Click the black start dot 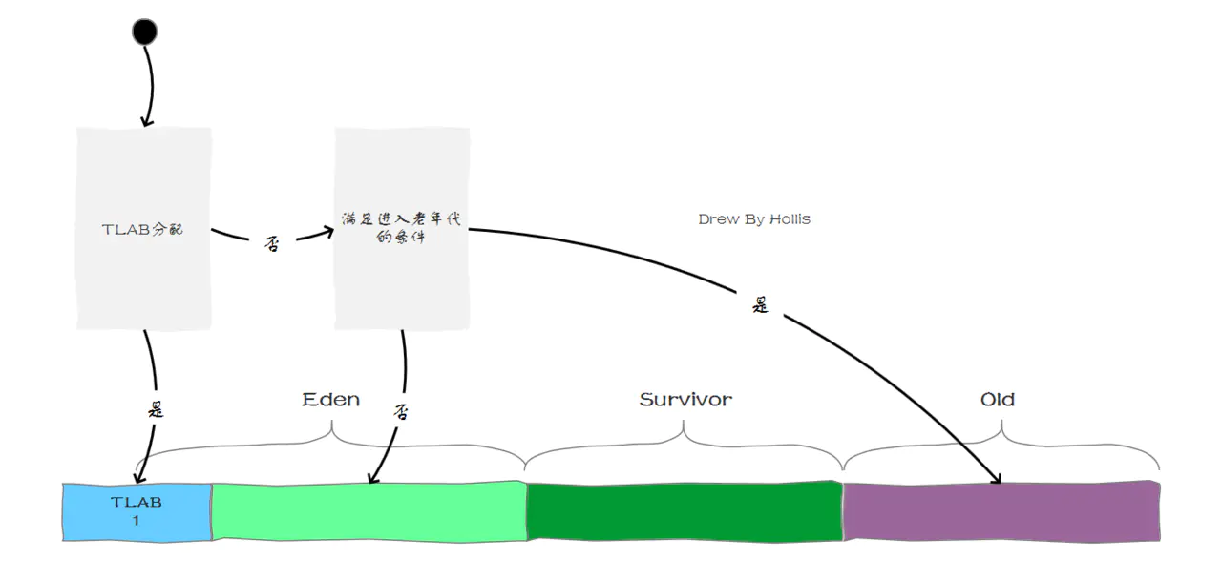(144, 32)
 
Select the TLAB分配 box (143, 229)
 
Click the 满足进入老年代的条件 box (401, 229)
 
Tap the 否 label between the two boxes (271, 243)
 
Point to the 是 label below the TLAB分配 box (156, 410)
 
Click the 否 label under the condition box (401, 411)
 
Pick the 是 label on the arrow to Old (760, 305)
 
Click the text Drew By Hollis (754, 219)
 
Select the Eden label (330, 399)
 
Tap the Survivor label (685, 399)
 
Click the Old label (998, 399)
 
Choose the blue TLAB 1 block (137, 511)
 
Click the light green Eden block (369, 511)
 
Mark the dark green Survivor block (685, 511)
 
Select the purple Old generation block (1001, 511)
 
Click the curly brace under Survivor (685, 445)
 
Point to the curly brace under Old (1001, 445)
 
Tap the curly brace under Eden (332, 445)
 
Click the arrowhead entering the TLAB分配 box (145, 121)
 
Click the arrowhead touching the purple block (997, 479)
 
